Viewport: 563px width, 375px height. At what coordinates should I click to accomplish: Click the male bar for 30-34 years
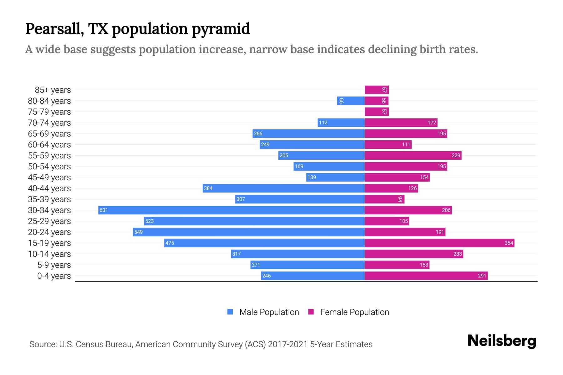[x=231, y=210]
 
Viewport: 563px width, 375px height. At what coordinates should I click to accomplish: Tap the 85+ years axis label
[x=53, y=90]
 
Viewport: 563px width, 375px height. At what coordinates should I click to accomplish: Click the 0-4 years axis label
[x=54, y=276]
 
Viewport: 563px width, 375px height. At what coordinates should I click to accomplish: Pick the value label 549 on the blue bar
[x=138, y=232]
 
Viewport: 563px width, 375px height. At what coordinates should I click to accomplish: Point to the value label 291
[x=482, y=276]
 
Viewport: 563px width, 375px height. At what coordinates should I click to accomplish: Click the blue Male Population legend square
[x=230, y=312]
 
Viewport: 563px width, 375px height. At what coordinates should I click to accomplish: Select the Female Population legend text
[x=354, y=312]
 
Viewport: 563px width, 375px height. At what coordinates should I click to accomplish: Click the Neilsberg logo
[x=502, y=341]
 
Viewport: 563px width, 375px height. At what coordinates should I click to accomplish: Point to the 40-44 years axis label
[x=49, y=188]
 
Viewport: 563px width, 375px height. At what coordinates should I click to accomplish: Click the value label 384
[x=208, y=188]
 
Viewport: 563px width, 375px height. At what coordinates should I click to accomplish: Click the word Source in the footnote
[x=43, y=344]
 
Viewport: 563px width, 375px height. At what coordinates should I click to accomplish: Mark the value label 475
[x=170, y=243]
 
